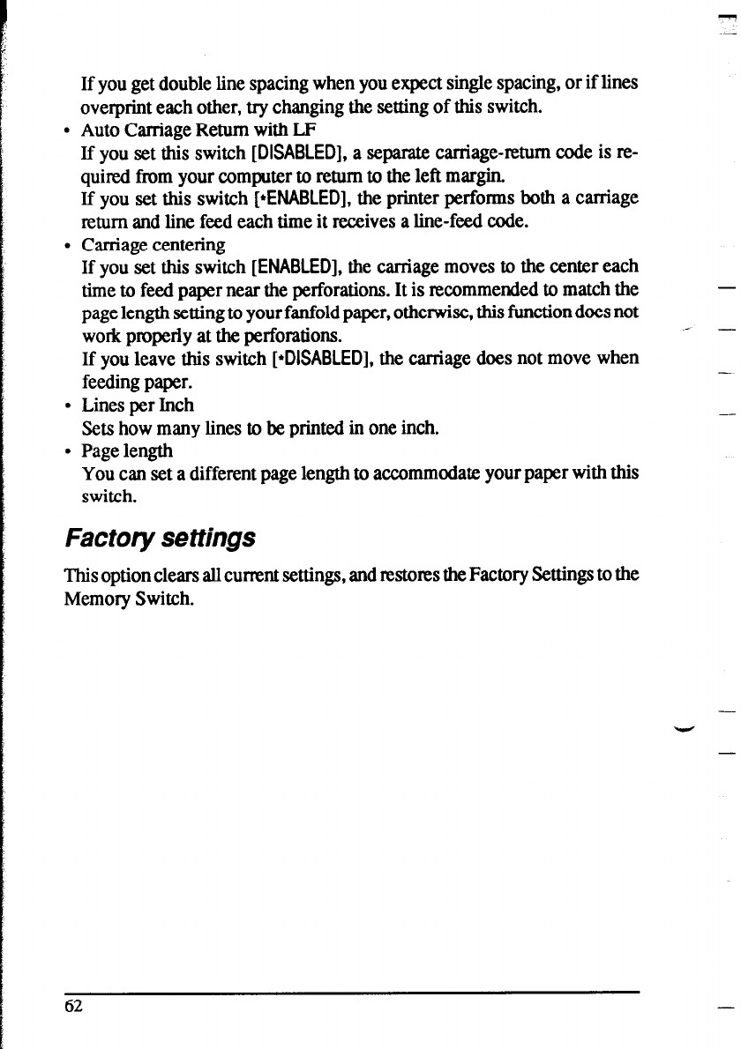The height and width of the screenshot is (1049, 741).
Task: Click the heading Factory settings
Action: pos(161,537)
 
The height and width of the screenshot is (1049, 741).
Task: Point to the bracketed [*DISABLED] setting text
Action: pos(310,359)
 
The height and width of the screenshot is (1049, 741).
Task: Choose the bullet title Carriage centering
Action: pos(153,244)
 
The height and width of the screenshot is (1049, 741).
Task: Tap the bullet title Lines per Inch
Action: pos(137,405)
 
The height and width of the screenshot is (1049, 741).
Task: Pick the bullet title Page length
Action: pos(127,451)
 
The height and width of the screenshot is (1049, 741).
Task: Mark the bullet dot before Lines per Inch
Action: pos(67,406)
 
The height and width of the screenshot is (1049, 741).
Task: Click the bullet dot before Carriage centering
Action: pos(67,245)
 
